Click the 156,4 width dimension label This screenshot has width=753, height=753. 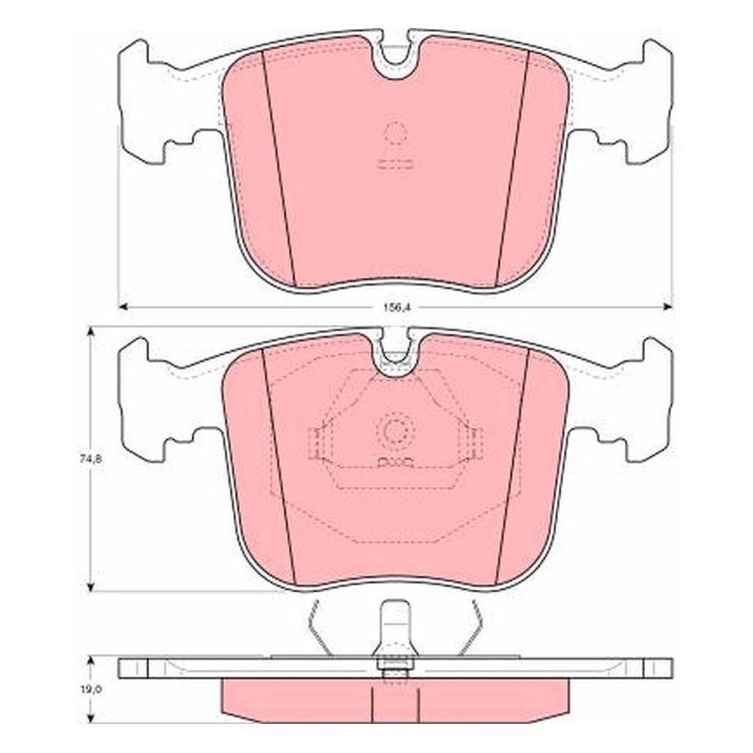click(395, 308)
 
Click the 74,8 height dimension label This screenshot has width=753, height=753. click(88, 458)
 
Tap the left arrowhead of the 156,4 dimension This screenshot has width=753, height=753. click(123, 307)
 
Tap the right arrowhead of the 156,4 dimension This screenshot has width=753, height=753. click(667, 307)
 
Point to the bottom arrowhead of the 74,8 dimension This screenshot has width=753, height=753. click(89, 586)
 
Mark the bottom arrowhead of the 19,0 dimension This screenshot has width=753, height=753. click(89, 718)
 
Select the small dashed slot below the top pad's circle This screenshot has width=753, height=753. click(395, 164)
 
